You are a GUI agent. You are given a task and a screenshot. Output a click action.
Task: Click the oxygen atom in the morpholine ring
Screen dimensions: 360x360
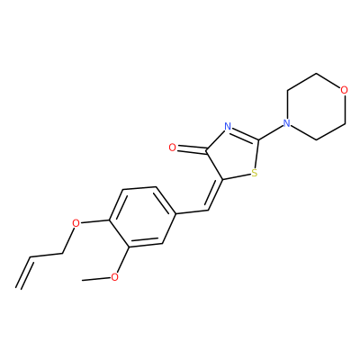tap(345, 90)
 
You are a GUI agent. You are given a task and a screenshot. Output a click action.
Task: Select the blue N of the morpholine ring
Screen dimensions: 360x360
tap(287, 123)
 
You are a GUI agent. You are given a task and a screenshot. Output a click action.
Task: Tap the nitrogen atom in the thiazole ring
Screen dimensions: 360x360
tap(228, 126)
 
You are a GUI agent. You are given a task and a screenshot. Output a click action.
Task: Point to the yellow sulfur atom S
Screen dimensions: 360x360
tap(255, 173)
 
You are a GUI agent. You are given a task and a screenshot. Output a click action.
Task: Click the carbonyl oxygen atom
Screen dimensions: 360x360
tap(172, 148)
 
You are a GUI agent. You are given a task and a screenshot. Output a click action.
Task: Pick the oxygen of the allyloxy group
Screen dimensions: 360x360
tap(76, 223)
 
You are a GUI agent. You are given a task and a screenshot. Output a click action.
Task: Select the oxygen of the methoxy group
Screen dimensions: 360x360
tap(114, 277)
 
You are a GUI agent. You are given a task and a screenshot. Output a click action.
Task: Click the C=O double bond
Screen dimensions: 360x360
tap(192, 149)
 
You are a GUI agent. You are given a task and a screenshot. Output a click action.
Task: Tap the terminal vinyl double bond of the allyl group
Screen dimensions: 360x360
tap(23, 273)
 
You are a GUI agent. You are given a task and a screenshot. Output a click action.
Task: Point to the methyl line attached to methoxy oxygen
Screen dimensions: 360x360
tap(96, 279)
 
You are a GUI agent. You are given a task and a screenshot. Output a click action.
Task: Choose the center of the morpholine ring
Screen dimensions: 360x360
tap(316, 106)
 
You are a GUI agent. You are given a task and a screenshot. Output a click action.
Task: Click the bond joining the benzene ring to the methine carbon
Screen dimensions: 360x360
tap(192, 212)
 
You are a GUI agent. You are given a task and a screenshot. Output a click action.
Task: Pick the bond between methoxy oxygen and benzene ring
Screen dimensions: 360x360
tap(123, 259)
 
